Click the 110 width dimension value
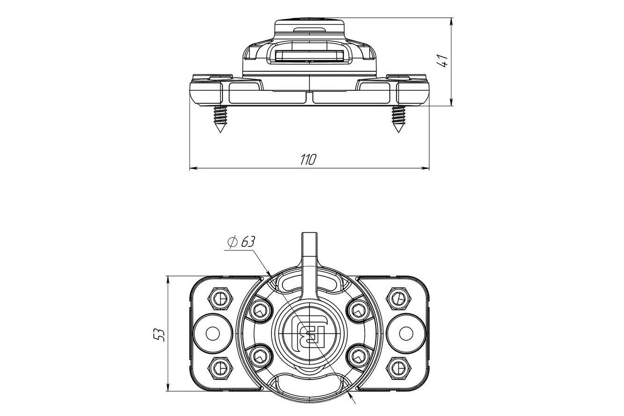coord(308,159)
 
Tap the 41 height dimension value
coord(442,61)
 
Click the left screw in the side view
coord(220,119)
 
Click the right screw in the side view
coord(398,119)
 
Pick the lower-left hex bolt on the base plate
coord(220,368)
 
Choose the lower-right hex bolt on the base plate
coord(398,368)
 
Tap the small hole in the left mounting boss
coord(213,334)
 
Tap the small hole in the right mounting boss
coord(406,334)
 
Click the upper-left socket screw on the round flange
coord(261,310)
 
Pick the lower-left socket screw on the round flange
coord(261,357)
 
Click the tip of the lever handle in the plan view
coord(309,232)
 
